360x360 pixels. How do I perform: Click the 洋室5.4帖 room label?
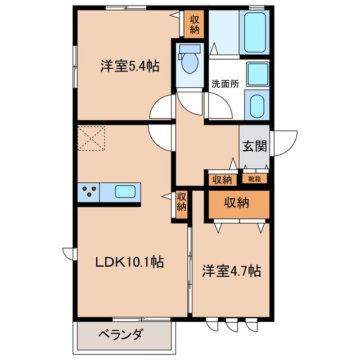[129, 66]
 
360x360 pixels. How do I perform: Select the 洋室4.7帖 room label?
[231, 272]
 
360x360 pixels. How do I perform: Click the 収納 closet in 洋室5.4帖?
[195, 24]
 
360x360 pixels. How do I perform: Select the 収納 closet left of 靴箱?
[222, 180]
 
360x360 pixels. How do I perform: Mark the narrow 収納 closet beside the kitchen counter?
[181, 202]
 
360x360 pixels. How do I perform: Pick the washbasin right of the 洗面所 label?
[256, 74]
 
